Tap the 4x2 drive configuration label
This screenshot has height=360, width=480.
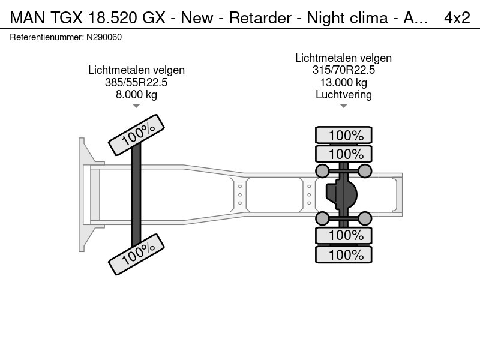(457, 18)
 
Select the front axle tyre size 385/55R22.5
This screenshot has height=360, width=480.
(136, 83)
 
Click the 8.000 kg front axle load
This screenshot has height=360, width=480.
(136, 95)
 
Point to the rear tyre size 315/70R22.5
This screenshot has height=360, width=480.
(343, 70)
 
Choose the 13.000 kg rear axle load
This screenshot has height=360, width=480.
(343, 82)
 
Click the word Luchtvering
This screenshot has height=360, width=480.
(343, 94)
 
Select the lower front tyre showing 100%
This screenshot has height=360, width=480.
(136, 254)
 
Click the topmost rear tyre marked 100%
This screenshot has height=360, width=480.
(344, 136)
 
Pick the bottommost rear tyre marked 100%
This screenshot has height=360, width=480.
(344, 254)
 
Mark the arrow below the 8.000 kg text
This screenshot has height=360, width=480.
(136, 106)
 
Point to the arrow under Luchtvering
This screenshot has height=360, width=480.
(343, 106)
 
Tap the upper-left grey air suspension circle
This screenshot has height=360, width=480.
(322, 172)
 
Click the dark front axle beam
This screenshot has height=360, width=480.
(136, 195)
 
